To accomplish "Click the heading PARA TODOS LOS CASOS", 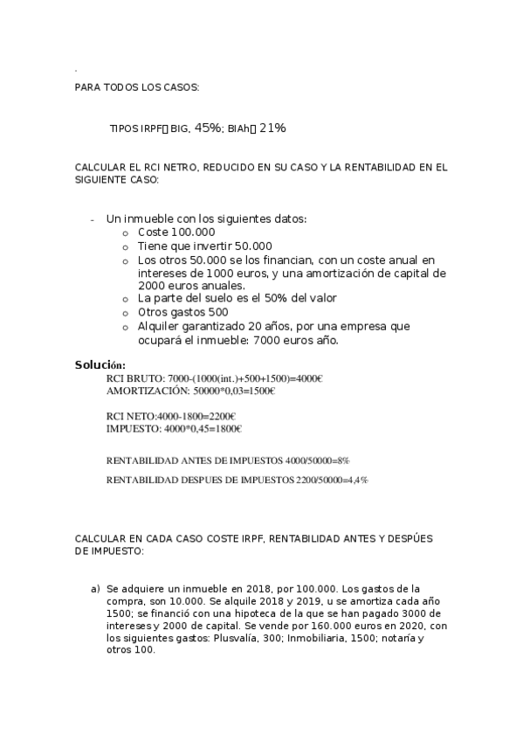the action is [137, 88].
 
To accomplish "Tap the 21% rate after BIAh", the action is [272, 128].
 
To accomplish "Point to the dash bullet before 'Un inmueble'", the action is [92, 219].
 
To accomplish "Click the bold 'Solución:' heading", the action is [100, 364].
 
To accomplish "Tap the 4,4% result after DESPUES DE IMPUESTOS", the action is [357, 480].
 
